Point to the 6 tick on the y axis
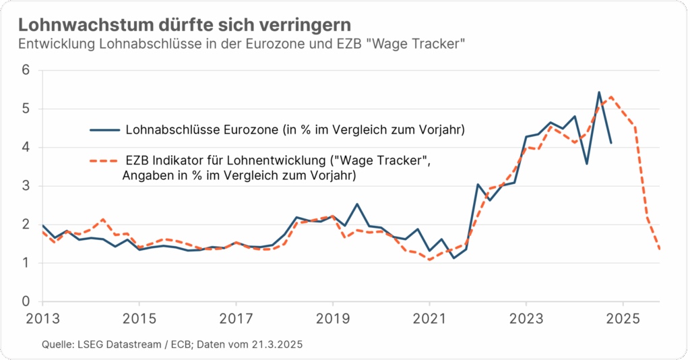26,70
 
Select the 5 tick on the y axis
26,109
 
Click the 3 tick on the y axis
26,186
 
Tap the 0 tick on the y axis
26,302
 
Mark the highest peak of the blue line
599,92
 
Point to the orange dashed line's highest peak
610,96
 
